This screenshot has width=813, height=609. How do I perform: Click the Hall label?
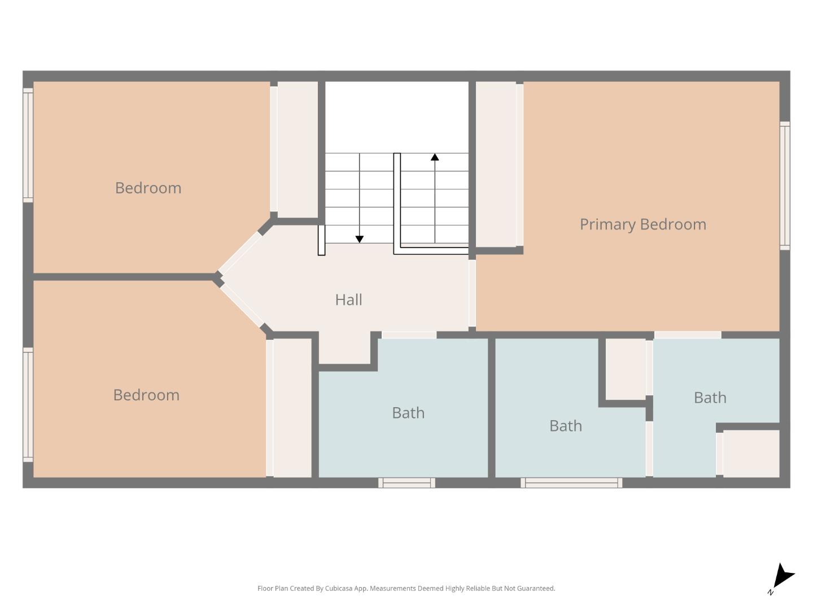click(x=348, y=299)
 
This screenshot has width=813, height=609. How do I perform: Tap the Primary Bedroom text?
click(x=642, y=224)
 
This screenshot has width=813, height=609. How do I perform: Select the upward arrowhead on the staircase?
click(x=435, y=157)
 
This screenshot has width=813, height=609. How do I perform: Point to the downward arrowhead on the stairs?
click(x=359, y=239)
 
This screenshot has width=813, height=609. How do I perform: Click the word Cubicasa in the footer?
click(x=339, y=588)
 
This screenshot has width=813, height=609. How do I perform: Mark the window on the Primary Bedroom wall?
click(x=785, y=186)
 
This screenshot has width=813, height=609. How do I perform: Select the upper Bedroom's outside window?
click(x=28, y=144)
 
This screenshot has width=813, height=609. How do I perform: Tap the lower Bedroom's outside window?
click(x=28, y=404)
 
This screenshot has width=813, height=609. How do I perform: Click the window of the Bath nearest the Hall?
click(x=406, y=483)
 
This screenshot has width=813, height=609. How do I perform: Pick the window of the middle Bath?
click(x=571, y=483)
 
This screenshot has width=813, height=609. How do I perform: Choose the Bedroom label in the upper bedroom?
click(x=148, y=188)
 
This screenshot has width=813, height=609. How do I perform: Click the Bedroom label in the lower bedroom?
click(x=146, y=395)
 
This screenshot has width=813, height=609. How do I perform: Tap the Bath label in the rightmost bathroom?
click(x=710, y=398)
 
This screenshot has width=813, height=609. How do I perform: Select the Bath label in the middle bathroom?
click(x=565, y=426)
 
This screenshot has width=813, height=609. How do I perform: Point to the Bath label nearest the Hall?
click(x=408, y=413)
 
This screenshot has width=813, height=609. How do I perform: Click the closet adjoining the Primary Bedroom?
click(x=496, y=164)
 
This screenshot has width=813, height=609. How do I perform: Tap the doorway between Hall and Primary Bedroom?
click(x=472, y=293)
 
